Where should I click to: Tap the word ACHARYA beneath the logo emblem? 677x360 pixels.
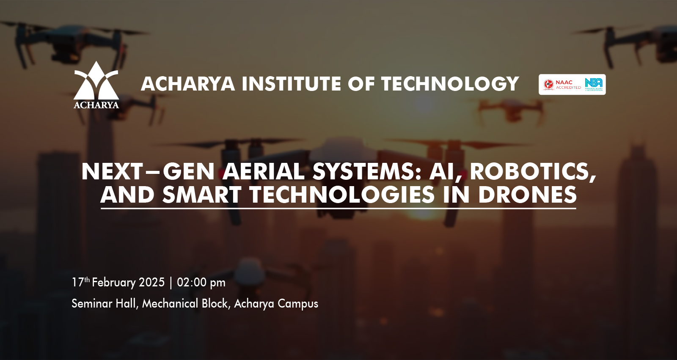click(x=96, y=105)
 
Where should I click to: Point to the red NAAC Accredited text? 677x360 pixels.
click(x=568, y=85)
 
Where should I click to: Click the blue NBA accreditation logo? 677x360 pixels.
click(x=594, y=84)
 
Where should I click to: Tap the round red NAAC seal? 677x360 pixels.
click(x=548, y=84)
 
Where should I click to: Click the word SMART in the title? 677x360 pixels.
click(x=201, y=195)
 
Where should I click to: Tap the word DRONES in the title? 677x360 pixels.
click(x=527, y=195)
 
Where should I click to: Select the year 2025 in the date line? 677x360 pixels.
click(x=152, y=282)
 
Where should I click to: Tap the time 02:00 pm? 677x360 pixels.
click(x=201, y=283)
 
